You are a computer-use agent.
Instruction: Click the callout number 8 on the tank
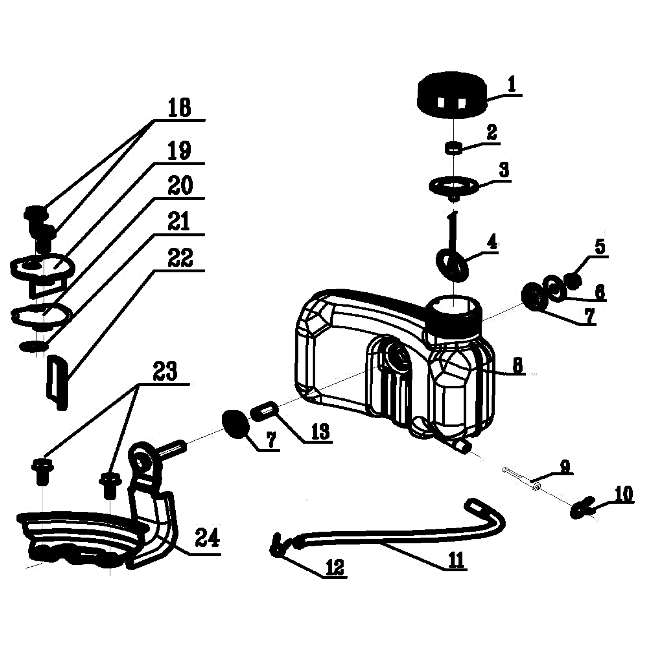(x=517, y=365)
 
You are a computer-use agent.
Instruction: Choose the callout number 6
(x=599, y=292)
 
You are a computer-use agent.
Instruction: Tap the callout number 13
(x=321, y=430)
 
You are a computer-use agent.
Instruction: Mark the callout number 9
(x=565, y=466)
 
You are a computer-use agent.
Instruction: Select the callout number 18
(x=180, y=107)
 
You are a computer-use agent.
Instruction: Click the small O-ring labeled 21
(x=33, y=346)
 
